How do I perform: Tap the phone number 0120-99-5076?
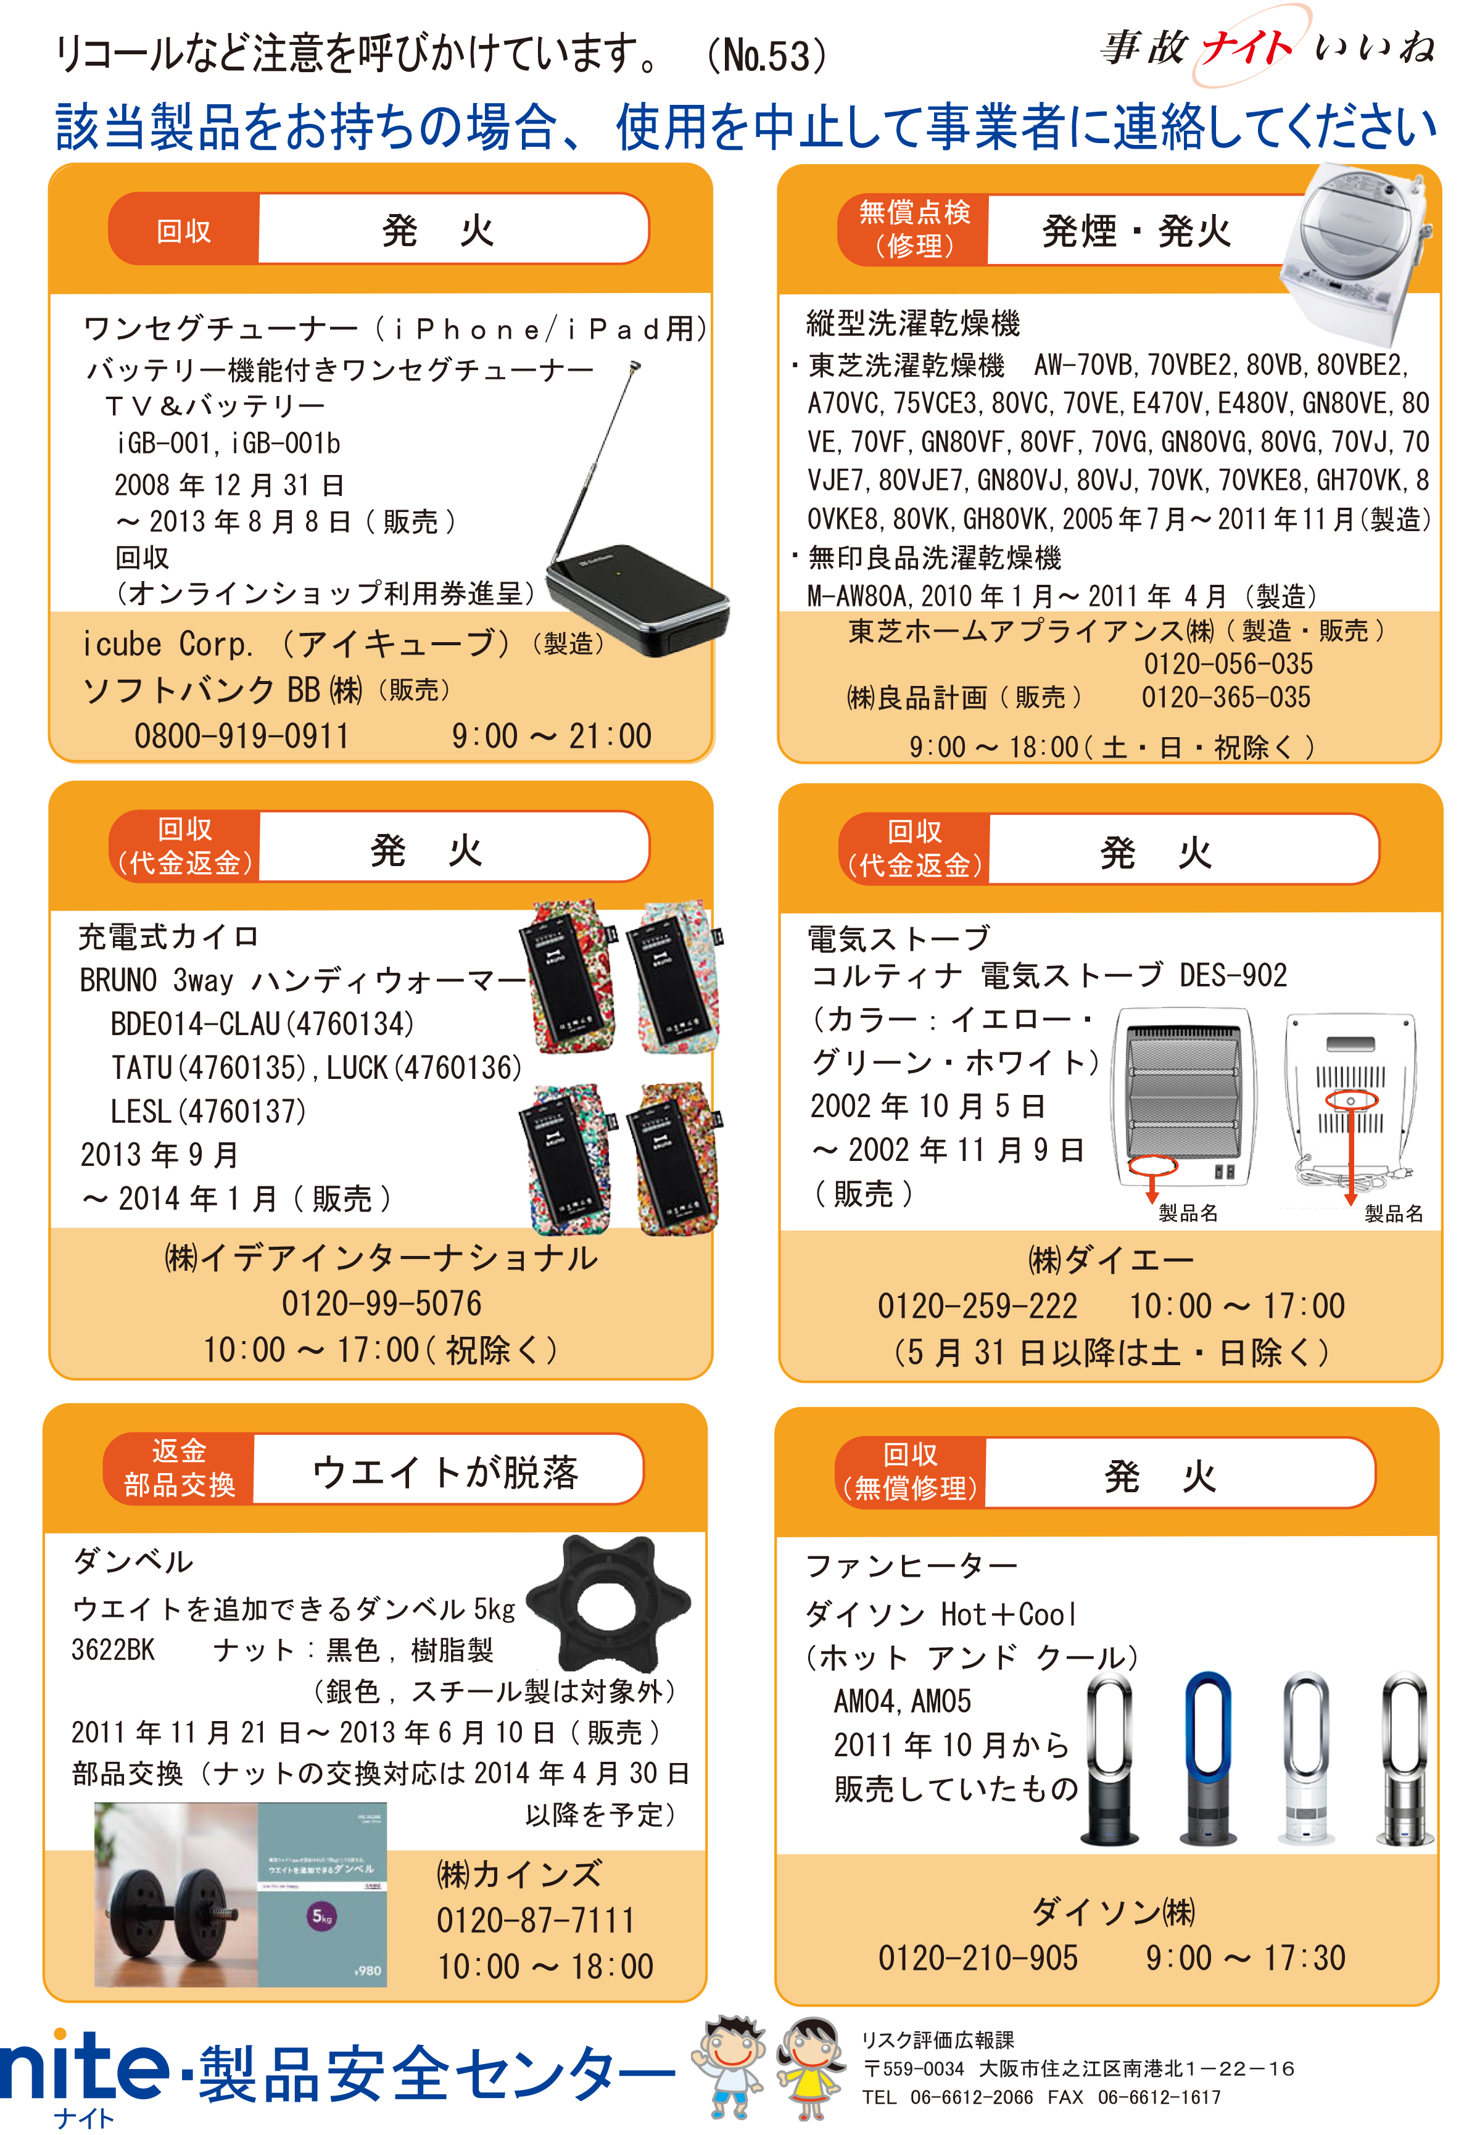click(381, 1303)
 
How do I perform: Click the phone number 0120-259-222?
click(977, 1305)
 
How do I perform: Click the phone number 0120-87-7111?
click(536, 1920)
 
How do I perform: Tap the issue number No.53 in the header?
click(768, 55)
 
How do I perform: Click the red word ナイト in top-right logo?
click(1246, 46)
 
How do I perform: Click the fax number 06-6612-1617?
click(1158, 2098)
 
